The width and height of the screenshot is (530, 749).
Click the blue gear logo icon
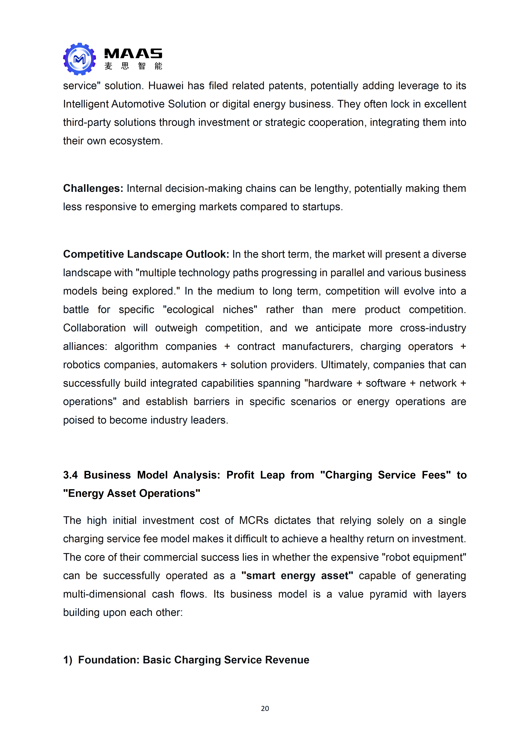(x=79, y=59)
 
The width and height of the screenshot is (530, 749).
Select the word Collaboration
(x=94, y=328)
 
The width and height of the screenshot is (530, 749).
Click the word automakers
(x=189, y=365)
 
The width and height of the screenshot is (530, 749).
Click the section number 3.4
(x=70, y=475)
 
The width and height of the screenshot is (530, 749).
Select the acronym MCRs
(x=254, y=520)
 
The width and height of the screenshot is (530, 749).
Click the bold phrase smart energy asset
(x=297, y=576)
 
